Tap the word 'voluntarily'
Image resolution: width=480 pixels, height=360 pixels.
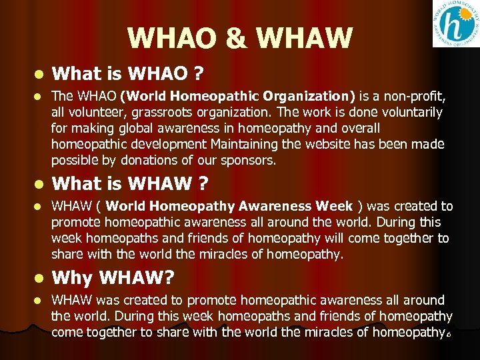[x=409, y=113]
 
